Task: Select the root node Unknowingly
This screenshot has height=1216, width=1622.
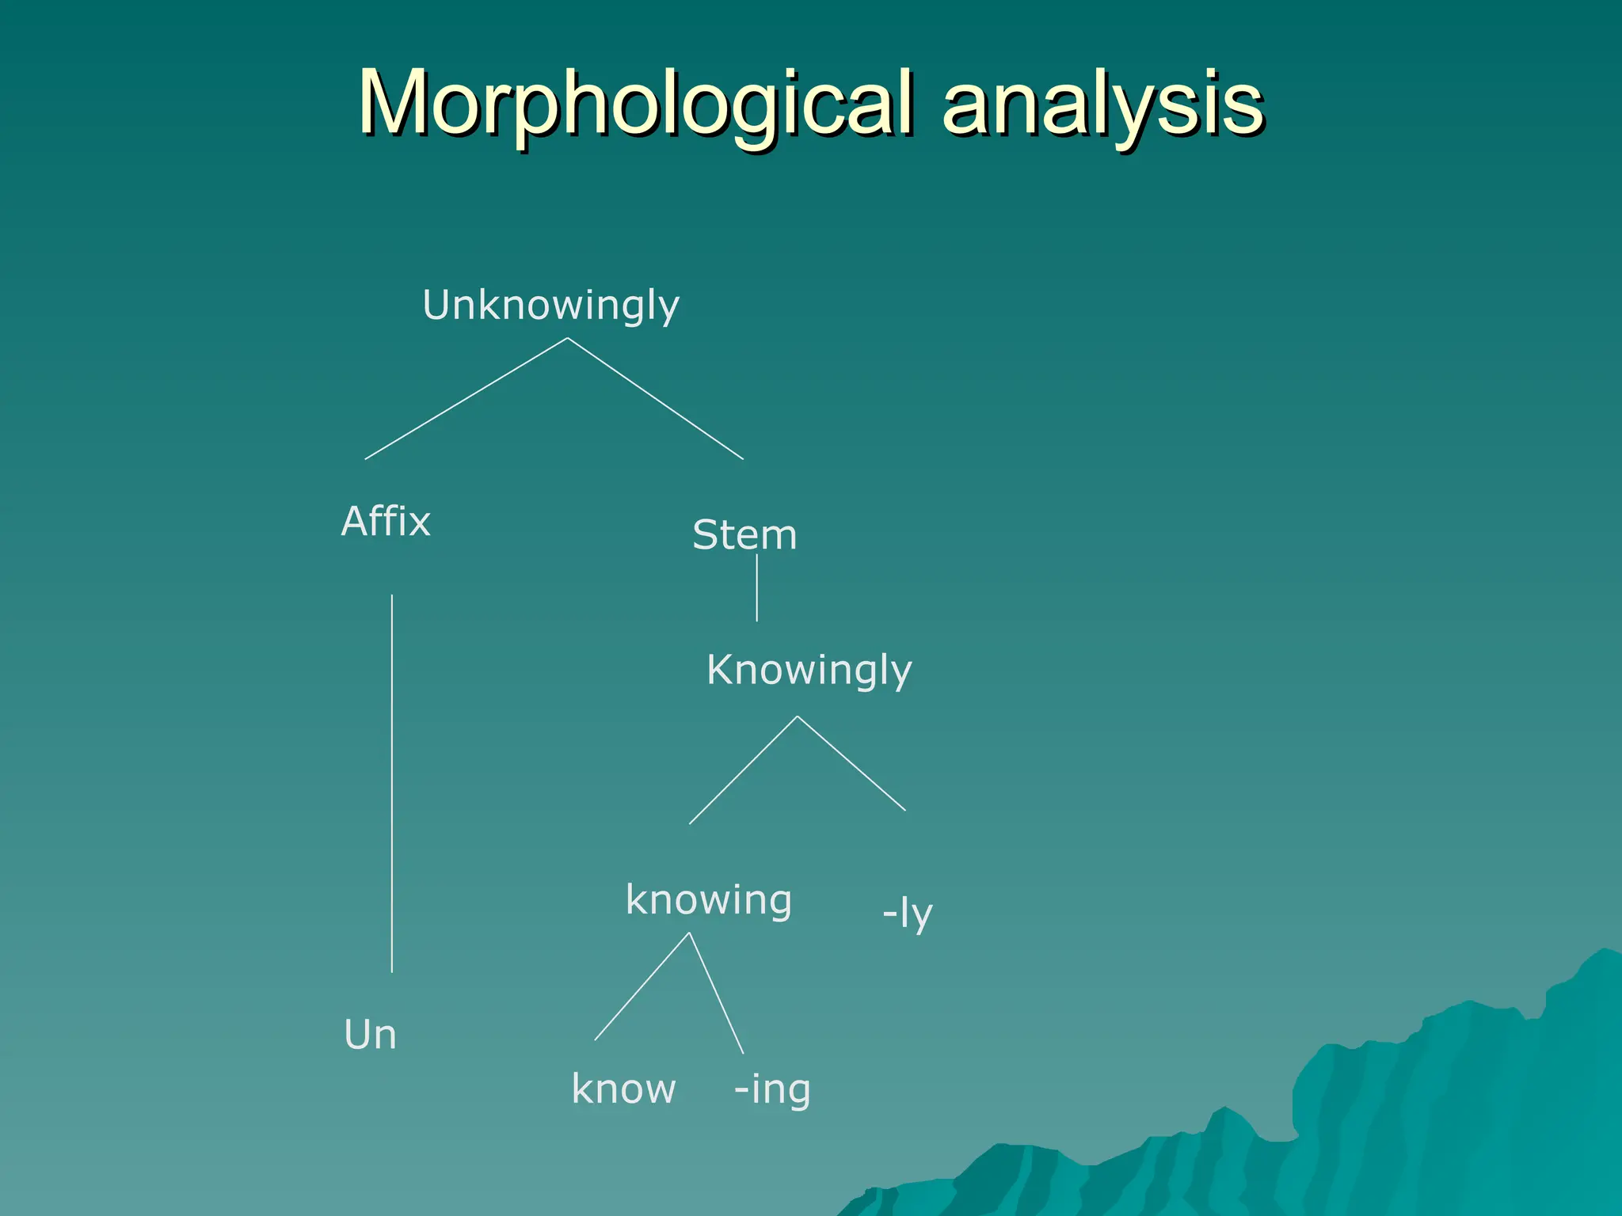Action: (x=550, y=306)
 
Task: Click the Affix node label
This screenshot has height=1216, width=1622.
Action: (x=386, y=522)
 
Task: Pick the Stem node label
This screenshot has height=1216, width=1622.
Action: (x=744, y=535)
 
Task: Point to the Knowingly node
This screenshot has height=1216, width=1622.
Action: (x=809, y=671)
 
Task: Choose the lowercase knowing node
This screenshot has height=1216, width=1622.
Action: (x=708, y=901)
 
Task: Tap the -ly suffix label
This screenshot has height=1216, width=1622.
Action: (x=908, y=914)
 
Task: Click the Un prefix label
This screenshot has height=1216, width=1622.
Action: (x=370, y=1035)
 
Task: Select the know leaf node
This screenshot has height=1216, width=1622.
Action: (x=623, y=1089)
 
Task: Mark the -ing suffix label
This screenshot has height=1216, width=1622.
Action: (x=772, y=1090)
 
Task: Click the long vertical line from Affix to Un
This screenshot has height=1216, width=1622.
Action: (x=392, y=784)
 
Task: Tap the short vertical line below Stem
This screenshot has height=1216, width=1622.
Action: (x=757, y=588)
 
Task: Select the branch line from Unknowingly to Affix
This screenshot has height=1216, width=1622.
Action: (x=466, y=399)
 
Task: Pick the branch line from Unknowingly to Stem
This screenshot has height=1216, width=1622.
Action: (x=656, y=399)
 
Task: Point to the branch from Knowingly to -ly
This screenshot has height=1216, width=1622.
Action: (x=851, y=763)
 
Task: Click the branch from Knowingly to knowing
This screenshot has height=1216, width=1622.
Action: (x=743, y=770)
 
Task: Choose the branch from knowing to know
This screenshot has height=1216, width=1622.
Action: (x=642, y=986)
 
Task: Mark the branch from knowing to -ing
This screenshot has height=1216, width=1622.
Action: (x=716, y=993)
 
